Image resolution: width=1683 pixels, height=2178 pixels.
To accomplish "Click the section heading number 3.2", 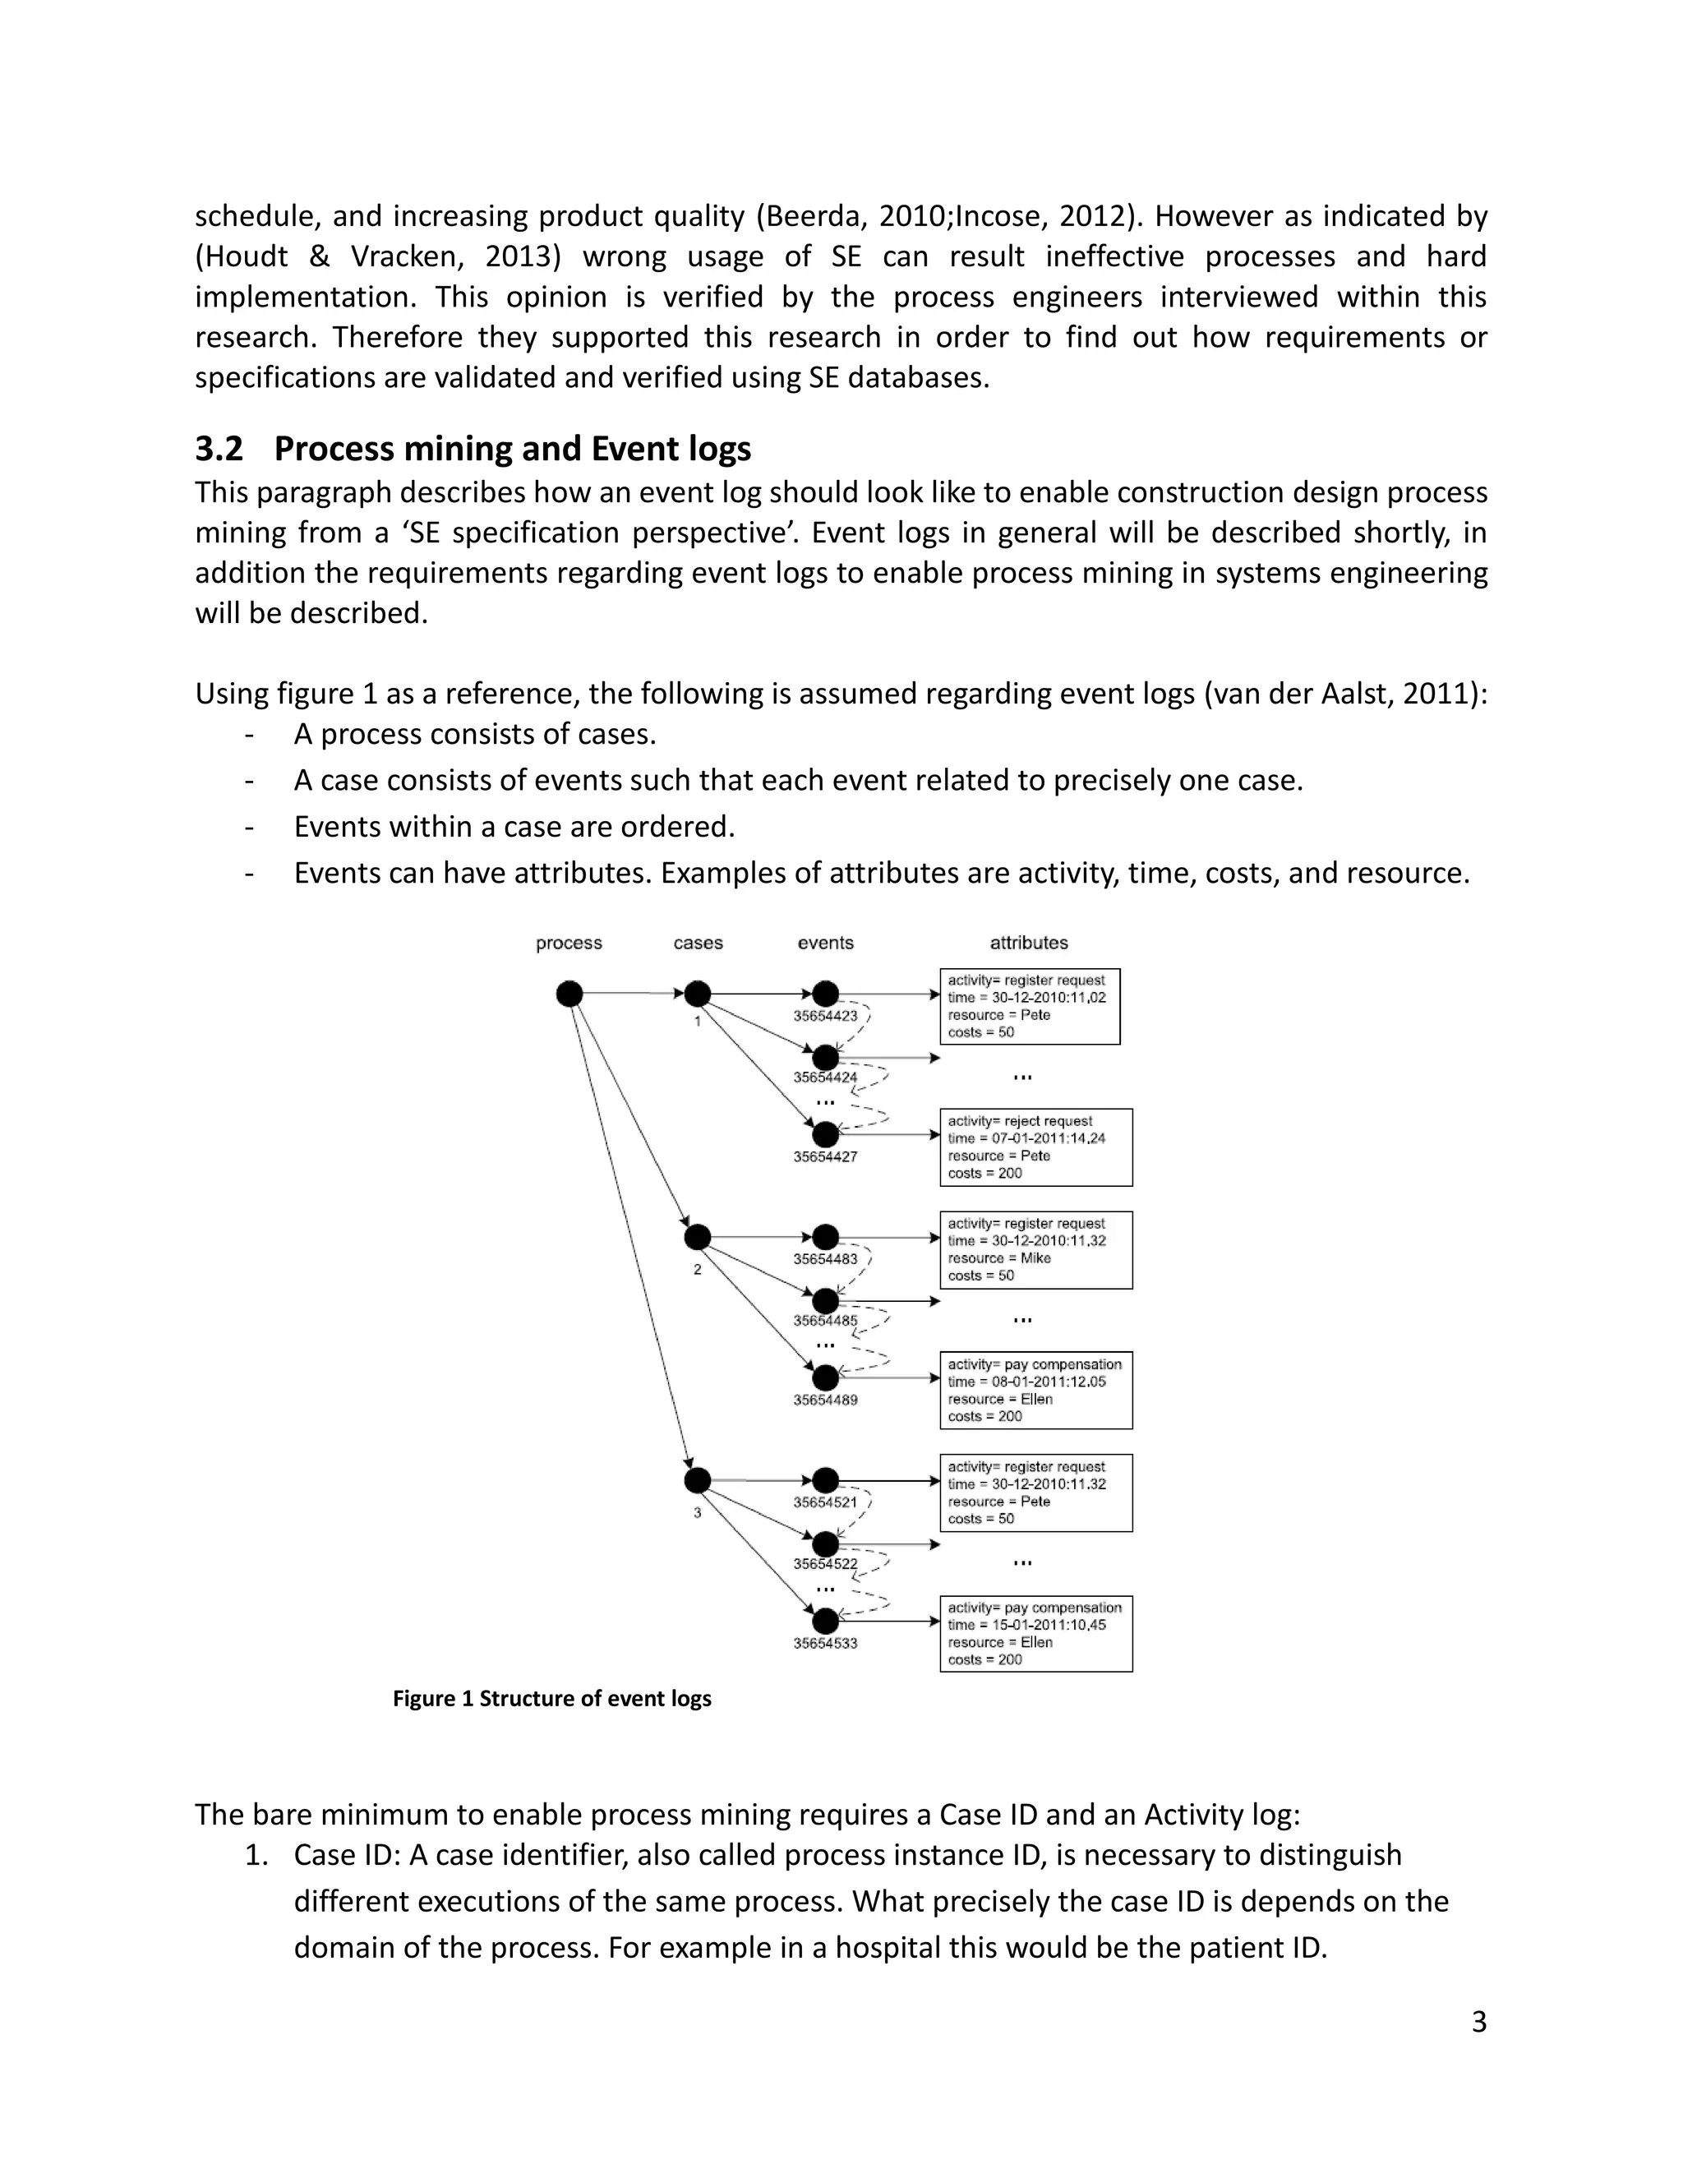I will pos(219,450).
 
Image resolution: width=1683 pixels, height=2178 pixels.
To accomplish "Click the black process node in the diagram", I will pos(569,994).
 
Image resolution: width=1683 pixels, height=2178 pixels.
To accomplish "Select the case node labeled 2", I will pos(697,1238).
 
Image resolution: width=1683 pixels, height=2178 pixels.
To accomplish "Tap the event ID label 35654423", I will pos(824,1016).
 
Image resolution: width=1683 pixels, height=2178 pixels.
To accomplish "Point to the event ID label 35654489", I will pos(824,1400).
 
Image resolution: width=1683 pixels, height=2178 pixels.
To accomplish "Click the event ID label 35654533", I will pos(824,1644).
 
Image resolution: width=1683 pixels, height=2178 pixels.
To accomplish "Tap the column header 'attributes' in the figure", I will pos(1028,943).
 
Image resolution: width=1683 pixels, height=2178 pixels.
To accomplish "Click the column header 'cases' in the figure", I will pos(698,943).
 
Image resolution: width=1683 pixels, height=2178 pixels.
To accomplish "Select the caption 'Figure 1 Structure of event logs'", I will pos(551,1698).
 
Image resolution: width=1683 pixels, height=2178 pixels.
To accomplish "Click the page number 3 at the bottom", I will pos(1478,2023).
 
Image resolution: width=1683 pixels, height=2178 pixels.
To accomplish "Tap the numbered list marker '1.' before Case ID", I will pos(256,1856).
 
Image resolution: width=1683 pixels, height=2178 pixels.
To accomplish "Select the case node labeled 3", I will pos(697,1481).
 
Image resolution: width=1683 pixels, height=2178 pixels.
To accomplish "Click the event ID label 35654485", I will pos(824,1321).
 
